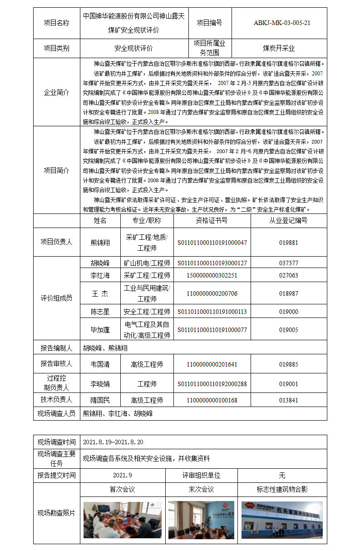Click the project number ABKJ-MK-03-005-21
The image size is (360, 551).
(282, 23)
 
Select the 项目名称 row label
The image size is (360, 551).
(56, 23)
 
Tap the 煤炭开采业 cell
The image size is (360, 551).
(279, 48)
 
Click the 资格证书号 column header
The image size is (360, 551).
(212, 220)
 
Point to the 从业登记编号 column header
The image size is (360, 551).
(288, 220)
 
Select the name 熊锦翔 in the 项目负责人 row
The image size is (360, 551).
(100, 242)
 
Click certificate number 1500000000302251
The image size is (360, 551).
(212, 275)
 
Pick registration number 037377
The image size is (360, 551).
(288, 263)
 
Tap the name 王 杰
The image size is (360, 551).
(100, 293)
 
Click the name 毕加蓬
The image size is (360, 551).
(100, 330)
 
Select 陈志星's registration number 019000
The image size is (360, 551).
(288, 312)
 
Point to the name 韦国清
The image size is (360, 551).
(100, 364)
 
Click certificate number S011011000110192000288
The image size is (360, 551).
(212, 384)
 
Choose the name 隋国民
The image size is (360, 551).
(100, 400)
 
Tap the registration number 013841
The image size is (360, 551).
(288, 400)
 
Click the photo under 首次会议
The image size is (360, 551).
(123, 520)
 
